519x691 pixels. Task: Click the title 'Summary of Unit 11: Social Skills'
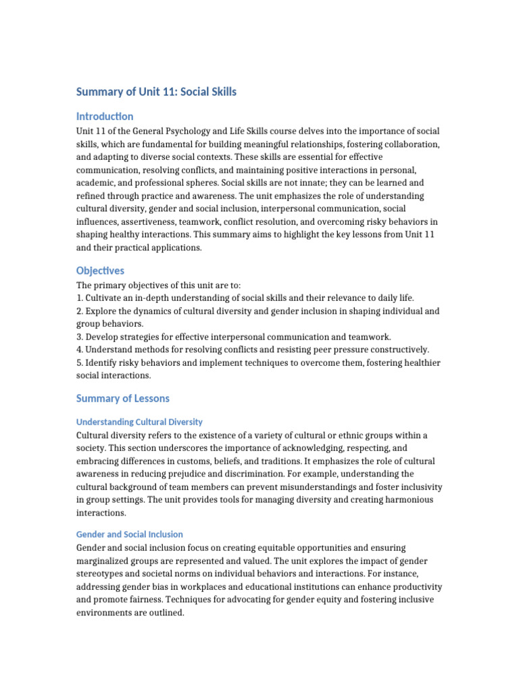click(156, 92)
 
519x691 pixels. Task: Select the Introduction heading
click(105, 116)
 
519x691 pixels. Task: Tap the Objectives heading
click(100, 271)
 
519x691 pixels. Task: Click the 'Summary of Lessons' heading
click(122, 398)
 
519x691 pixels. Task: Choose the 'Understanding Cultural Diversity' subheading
click(139, 422)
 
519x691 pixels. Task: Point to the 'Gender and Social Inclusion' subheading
click(129, 534)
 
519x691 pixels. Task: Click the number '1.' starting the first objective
click(80, 298)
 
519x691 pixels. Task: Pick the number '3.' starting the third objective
click(80, 337)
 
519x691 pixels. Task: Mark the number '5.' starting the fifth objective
click(80, 362)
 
